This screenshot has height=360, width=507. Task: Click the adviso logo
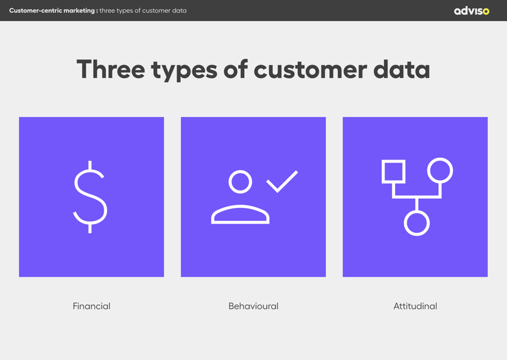click(471, 10)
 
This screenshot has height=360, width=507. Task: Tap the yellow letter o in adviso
click(486, 11)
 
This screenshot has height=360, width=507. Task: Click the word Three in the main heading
click(110, 69)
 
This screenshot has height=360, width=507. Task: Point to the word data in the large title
click(402, 69)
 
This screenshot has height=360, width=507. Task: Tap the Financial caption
click(91, 306)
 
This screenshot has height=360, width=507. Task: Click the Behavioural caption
click(253, 306)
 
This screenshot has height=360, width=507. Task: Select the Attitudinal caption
click(415, 306)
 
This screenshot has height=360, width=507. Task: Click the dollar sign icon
click(90, 197)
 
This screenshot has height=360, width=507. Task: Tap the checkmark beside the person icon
click(282, 181)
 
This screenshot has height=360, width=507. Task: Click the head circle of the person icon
click(240, 182)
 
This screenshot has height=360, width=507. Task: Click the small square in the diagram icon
click(393, 171)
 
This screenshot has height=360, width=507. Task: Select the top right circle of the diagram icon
click(440, 171)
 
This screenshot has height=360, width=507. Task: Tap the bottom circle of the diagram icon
click(417, 223)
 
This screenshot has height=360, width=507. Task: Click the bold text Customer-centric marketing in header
click(52, 10)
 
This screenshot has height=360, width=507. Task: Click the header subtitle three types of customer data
click(143, 10)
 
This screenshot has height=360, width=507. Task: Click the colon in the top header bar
click(97, 11)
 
